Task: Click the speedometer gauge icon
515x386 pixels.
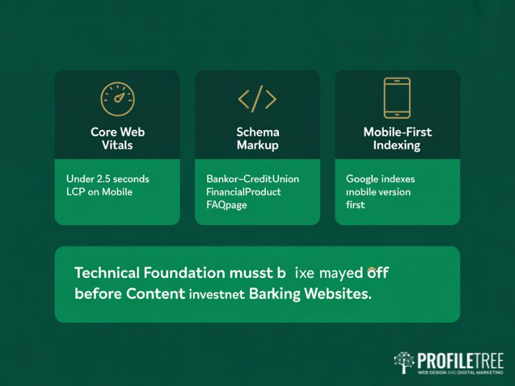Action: (117, 98)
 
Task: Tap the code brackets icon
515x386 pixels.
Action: (257, 99)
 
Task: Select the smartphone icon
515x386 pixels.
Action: (397, 98)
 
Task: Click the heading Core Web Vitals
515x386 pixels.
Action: (117, 138)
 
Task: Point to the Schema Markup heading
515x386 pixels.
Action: (257, 138)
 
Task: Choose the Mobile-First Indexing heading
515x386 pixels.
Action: (397, 138)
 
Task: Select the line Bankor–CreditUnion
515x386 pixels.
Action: (252, 179)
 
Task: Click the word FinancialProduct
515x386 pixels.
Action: (243, 192)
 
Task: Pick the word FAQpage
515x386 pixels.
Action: (227, 205)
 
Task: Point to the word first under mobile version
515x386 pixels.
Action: (355, 205)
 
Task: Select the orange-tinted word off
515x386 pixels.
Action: (377, 272)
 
